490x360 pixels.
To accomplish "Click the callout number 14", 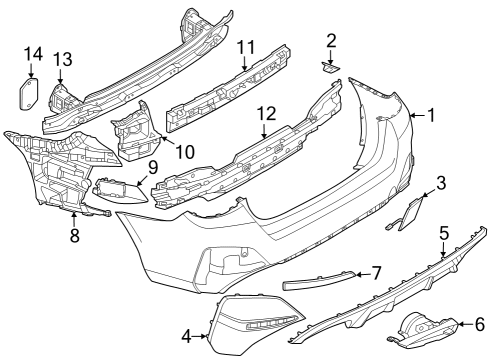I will pyautogui.click(x=32, y=53).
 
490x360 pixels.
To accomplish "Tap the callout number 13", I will pyautogui.click(x=62, y=60).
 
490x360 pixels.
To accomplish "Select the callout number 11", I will pyautogui.click(x=247, y=45).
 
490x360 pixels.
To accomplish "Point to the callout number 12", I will pyautogui.click(x=266, y=114).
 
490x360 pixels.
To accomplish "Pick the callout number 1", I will pyautogui.click(x=431, y=115).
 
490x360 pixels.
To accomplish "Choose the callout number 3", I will pyautogui.click(x=440, y=182).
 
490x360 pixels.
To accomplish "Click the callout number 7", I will pyautogui.click(x=376, y=271).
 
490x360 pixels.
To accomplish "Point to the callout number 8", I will pyautogui.click(x=74, y=236).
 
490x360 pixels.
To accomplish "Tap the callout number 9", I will pyautogui.click(x=153, y=166).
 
